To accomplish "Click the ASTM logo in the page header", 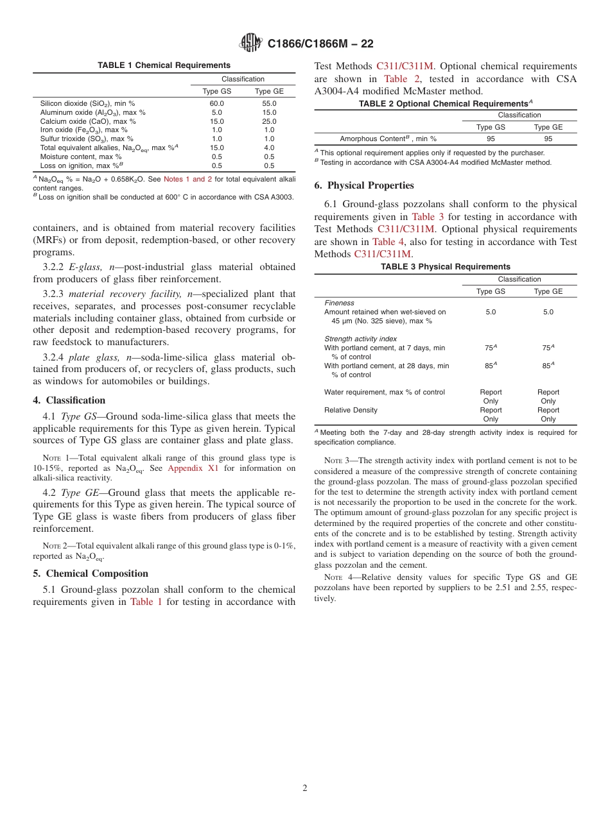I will coord(250,44).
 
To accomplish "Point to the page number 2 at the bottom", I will coord(305,788).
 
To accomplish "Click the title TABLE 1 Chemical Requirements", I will coord(164,65).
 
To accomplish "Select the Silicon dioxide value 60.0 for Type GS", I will coord(217,103).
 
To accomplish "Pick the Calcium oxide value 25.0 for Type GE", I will coord(269,121).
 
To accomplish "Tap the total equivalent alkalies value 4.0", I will coord(269,148).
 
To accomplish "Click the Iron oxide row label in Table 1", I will coord(83,130).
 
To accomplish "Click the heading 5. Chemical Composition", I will coord(91,574).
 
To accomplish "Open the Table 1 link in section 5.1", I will coord(146,602).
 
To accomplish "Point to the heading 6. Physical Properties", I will coord(364,185).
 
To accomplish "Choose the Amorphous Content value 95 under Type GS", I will coord(491,139).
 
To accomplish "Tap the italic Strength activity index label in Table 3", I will coord(360,339).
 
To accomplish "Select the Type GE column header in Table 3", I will coord(548,291).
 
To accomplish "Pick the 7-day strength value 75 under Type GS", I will coord(489,348).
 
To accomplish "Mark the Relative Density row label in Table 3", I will coord(351,410).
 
